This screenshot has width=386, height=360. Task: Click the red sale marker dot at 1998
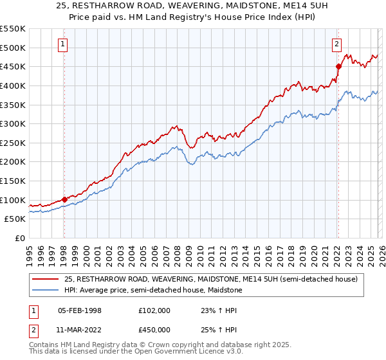pos(64,199)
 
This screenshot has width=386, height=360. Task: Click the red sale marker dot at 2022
pos(338,66)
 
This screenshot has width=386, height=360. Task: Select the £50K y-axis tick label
pos(15,219)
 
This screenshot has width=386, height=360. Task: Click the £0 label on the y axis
pos(19,239)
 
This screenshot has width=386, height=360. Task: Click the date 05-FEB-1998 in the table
pos(80,310)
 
